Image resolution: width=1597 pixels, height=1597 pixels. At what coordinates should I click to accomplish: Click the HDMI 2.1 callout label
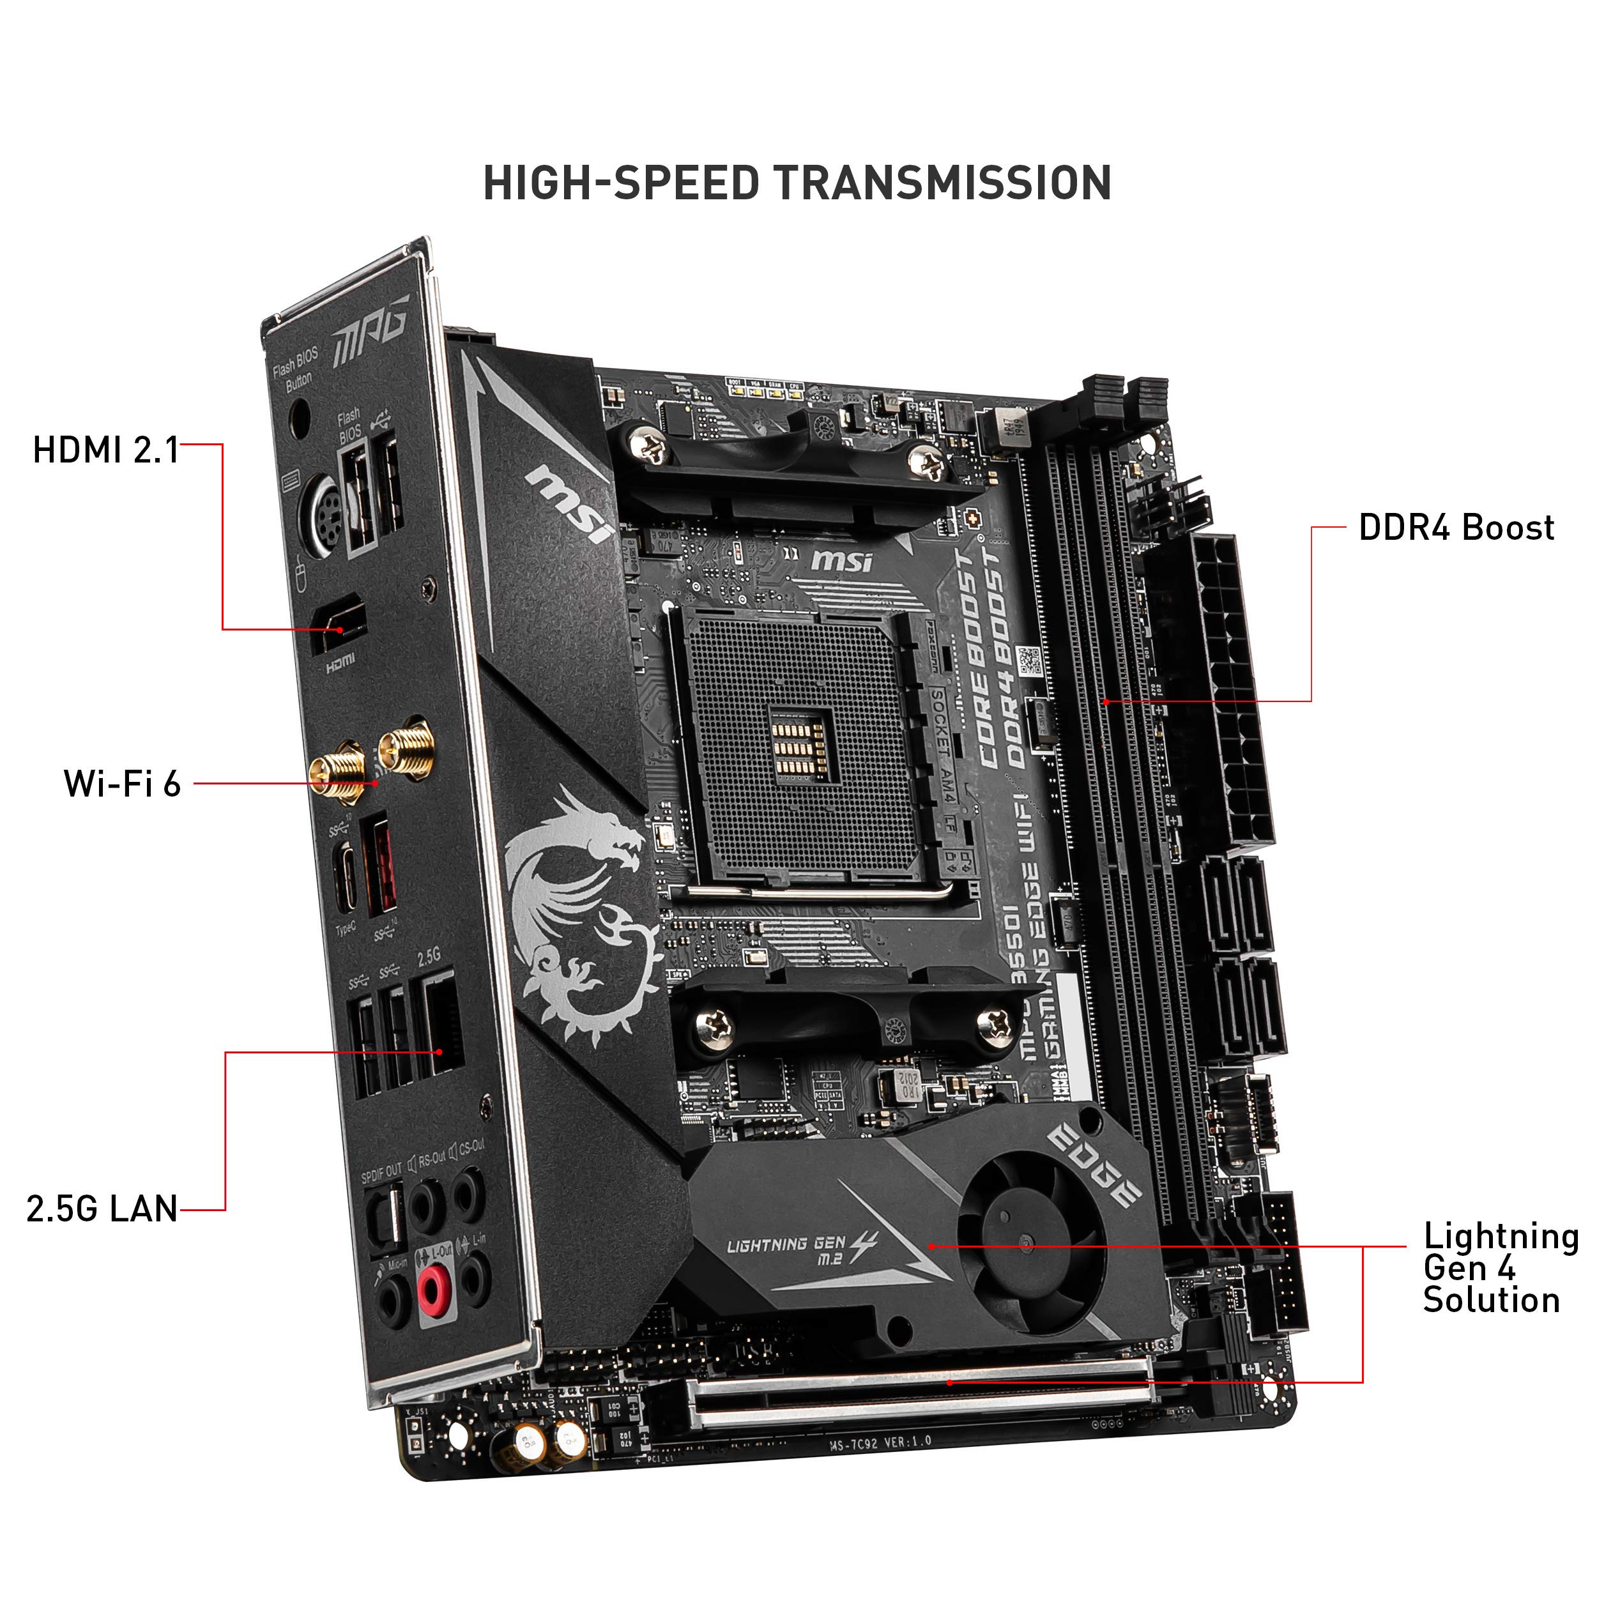tap(106, 450)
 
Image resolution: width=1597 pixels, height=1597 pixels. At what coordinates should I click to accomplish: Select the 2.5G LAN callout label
tap(102, 1209)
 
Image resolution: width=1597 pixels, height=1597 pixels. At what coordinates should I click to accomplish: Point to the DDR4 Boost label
tap(1456, 528)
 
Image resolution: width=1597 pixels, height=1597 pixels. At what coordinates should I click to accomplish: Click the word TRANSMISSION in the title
tap(944, 183)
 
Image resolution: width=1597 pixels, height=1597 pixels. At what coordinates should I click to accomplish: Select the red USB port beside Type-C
tap(379, 863)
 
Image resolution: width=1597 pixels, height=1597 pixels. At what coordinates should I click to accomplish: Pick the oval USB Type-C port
tap(346, 878)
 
